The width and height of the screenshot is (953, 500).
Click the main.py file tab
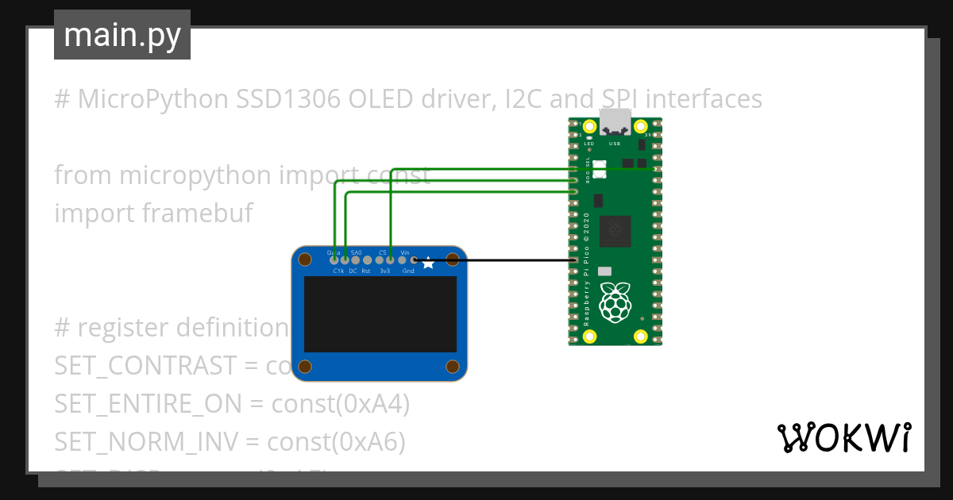(x=122, y=35)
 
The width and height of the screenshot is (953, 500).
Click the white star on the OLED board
(x=428, y=263)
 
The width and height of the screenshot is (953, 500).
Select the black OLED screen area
(x=380, y=314)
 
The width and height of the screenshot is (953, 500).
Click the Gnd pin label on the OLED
(x=408, y=271)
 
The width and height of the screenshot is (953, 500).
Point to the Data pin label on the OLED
(x=334, y=252)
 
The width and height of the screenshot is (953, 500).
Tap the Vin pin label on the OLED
(x=405, y=252)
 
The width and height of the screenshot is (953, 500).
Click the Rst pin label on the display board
(x=366, y=271)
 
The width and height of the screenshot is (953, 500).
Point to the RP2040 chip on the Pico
(x=615, y=231)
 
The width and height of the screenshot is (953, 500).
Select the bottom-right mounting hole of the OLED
(x=453, y=366)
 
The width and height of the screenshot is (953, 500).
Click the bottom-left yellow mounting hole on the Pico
(x=589, y=337)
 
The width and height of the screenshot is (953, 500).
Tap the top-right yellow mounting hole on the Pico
(x=640, y=127)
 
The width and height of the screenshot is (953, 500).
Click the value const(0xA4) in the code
(x=341, y=404)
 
